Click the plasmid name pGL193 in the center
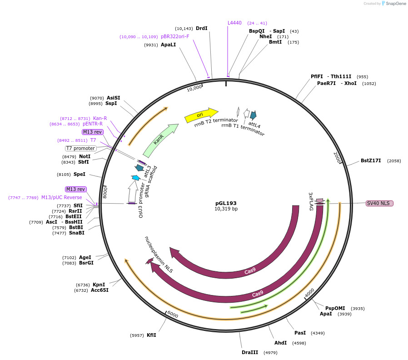coord(226,203)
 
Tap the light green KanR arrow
coord(160,140)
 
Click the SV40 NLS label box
coord(379,203)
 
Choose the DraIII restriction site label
coord(250,352)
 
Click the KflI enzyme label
coord(151,335)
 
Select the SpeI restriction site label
coord(79,174)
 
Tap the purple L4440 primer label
coord(234,23)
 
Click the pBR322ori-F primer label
coord(175,36)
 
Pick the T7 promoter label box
coord(81,148)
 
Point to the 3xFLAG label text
coord(311,201)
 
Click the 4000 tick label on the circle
coord(309,293)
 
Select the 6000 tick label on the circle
coord(173,314)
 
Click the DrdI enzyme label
coord(201,28)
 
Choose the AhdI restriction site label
coord(280,343)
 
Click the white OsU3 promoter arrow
coord(133,192)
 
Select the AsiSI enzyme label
coord(114,98)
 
